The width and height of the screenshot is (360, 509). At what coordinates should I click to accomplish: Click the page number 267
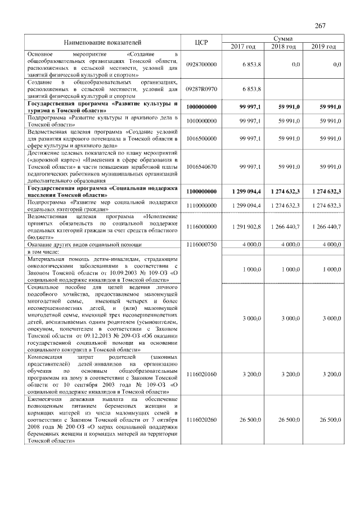(x=321, y=26)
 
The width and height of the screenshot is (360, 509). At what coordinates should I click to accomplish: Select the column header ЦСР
(x=201, y=42)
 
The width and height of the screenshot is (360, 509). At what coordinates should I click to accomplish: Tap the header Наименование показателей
(x=102, y=42)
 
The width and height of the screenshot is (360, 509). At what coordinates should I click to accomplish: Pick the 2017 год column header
(x=244, y=46)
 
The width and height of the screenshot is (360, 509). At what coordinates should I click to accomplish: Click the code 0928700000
(x=201, y=66)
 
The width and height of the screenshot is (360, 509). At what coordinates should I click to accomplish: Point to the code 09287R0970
(x=201, y=89)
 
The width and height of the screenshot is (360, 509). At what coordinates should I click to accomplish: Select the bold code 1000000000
(x=201, y=107)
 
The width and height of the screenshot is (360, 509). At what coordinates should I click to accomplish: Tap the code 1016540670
(x=201, y=167)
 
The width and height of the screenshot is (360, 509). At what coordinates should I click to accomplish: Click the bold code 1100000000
(x=201, y=192)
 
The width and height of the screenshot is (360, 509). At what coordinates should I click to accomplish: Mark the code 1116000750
(x=201, y=245)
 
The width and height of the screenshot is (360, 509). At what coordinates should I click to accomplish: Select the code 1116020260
(x=201, y=420)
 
